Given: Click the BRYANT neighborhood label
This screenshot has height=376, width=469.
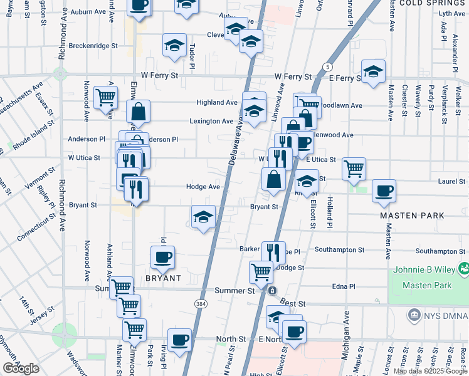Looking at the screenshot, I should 164,278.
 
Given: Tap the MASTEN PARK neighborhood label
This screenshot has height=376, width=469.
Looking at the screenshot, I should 413,216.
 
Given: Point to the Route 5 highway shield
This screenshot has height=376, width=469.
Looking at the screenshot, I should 327,66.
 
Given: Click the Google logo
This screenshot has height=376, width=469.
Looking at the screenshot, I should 21,368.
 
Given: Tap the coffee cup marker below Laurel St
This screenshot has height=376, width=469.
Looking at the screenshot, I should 384,191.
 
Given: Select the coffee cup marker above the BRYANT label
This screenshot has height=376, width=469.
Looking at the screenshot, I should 163,256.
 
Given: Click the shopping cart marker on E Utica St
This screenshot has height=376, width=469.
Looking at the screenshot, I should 354,168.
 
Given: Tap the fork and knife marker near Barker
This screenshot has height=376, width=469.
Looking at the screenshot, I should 273,252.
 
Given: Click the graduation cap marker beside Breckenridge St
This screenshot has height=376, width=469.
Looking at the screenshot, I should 174,44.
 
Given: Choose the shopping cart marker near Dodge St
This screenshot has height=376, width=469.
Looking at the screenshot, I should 261,271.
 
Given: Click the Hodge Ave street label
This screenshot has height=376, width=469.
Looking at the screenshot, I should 203,187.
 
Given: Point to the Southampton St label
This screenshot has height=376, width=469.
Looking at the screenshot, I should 339,249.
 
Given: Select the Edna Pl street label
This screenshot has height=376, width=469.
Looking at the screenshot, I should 344,286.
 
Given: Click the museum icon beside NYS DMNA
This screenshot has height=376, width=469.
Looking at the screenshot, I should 414,314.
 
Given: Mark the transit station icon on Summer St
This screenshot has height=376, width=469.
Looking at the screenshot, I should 272,291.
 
